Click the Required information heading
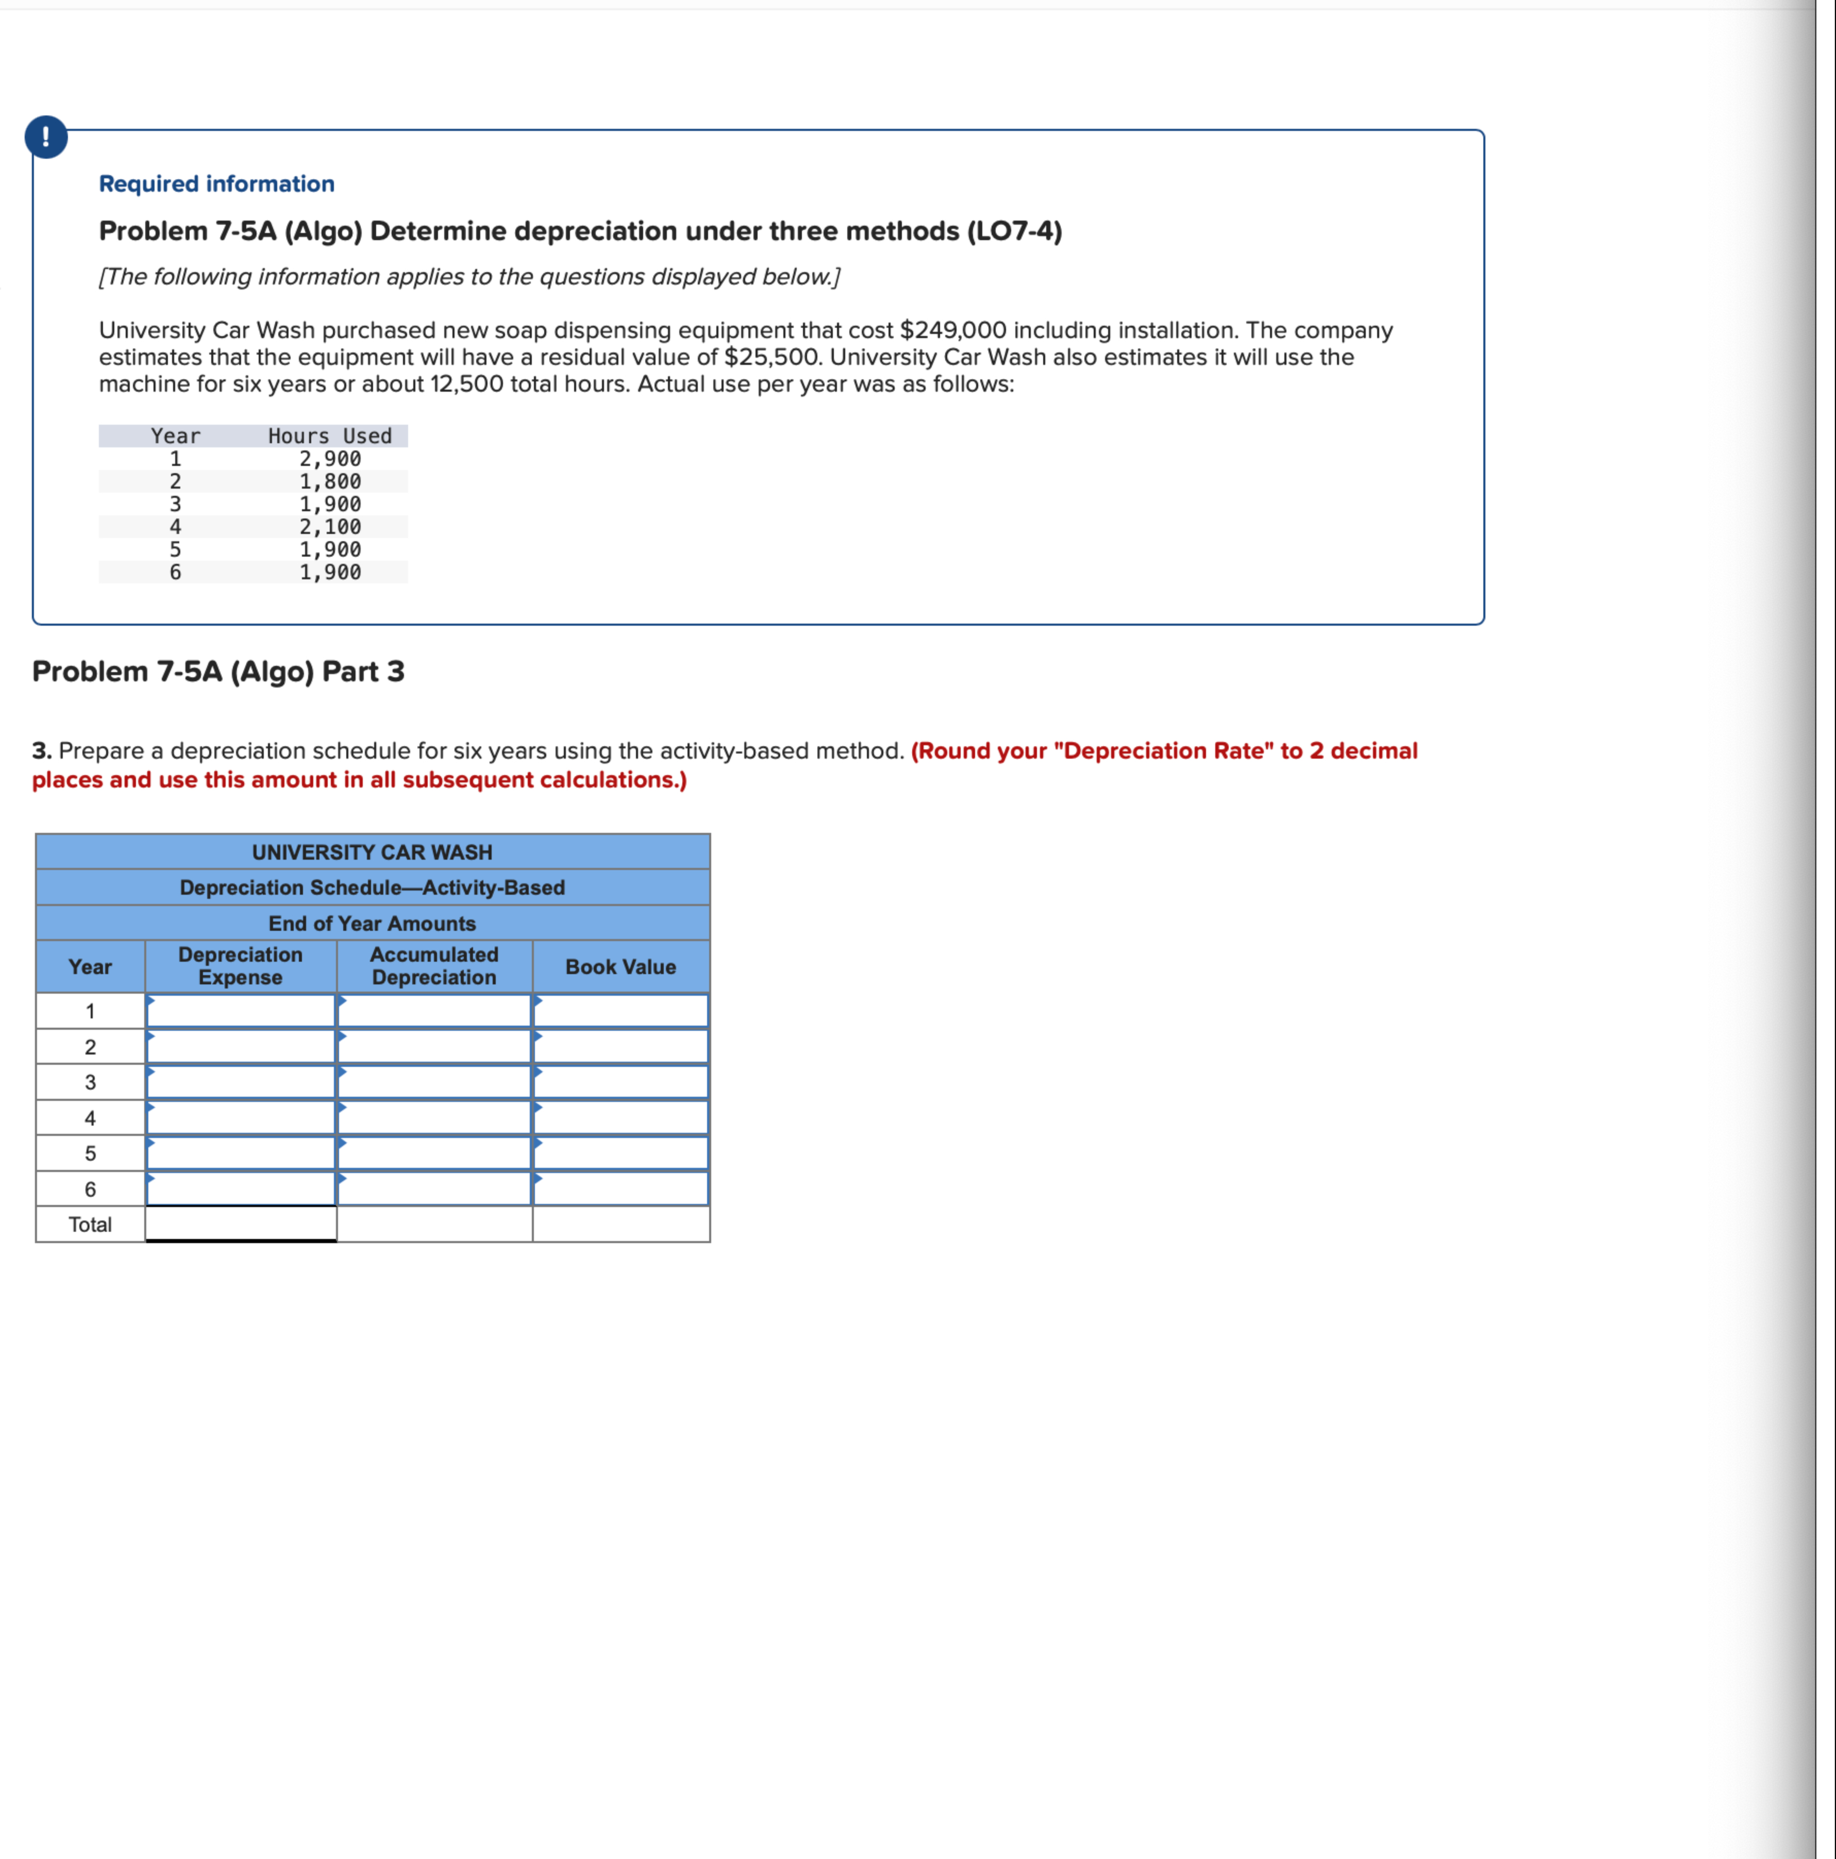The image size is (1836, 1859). pos(216,184)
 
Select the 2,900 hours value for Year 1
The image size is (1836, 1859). pos(330,459)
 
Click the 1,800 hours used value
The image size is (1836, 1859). pos(330,481)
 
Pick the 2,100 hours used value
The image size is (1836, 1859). pos(330,526)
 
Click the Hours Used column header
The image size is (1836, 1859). pos(330,436)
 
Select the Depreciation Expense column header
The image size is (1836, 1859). pos(241,965)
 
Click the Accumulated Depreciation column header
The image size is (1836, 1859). pos(434,965)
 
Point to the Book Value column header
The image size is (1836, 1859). pos(621,966)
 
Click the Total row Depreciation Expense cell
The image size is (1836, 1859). pos(241,1224)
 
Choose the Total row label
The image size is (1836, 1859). pos(90,1224)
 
